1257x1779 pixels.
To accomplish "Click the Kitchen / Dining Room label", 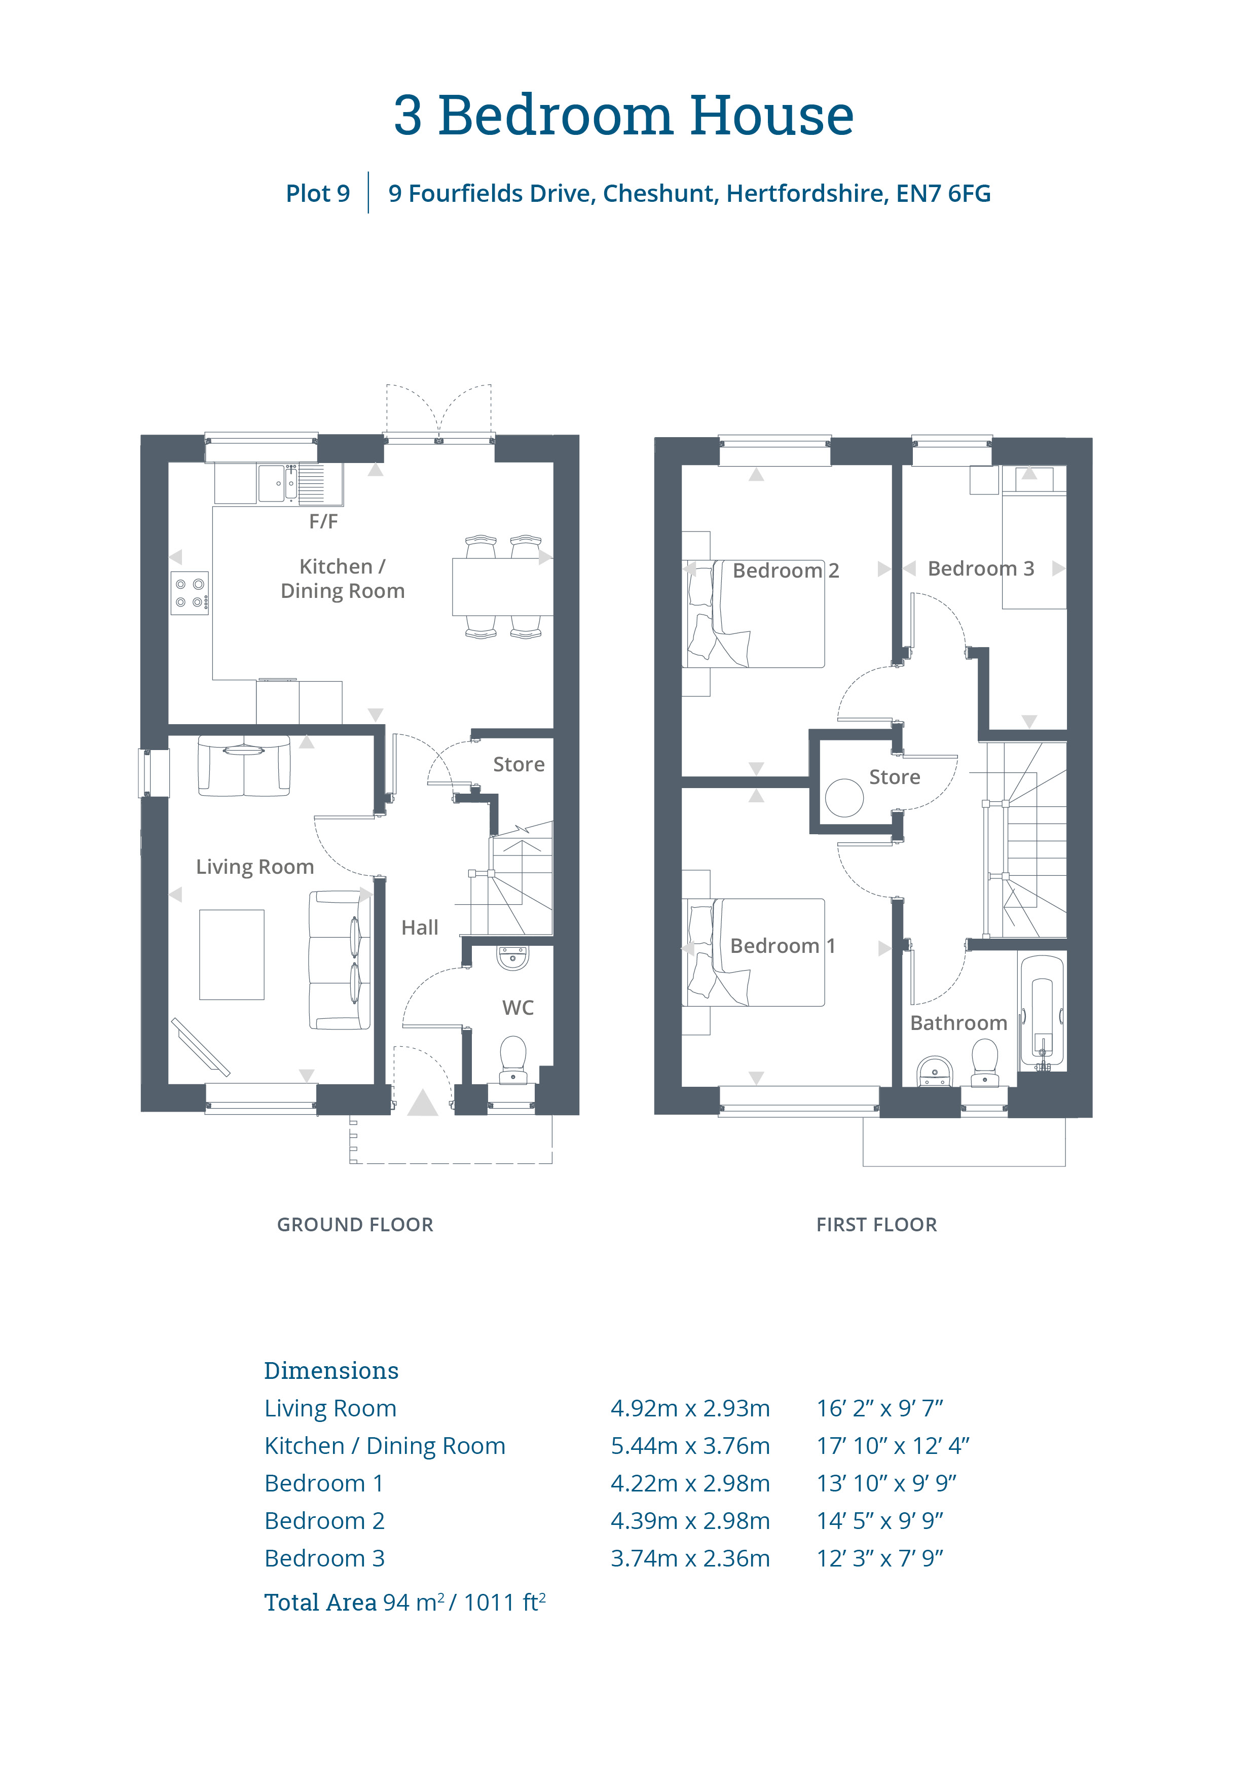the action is click(342, 579).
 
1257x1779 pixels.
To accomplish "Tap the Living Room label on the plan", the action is click(255, 867).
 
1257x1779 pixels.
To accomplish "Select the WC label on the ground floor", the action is click(518, 1008).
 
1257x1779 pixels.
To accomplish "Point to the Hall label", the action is click(420, 928).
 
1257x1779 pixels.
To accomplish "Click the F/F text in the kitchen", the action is click(324, 521).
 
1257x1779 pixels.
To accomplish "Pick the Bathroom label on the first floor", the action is click(959, 1023).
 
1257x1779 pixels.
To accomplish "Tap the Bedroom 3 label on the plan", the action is click(981, 568).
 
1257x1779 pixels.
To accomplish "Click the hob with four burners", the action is click(190, 593).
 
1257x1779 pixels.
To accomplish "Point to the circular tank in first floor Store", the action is click(844, 797).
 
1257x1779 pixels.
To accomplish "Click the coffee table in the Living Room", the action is click(232, 954).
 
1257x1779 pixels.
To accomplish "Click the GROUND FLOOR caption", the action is click(355, 1225).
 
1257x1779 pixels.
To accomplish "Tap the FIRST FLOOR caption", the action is click(877, 1225).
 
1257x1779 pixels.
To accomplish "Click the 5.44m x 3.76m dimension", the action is click(690, 1446).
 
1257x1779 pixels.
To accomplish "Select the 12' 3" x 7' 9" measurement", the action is click(880, 1558).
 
